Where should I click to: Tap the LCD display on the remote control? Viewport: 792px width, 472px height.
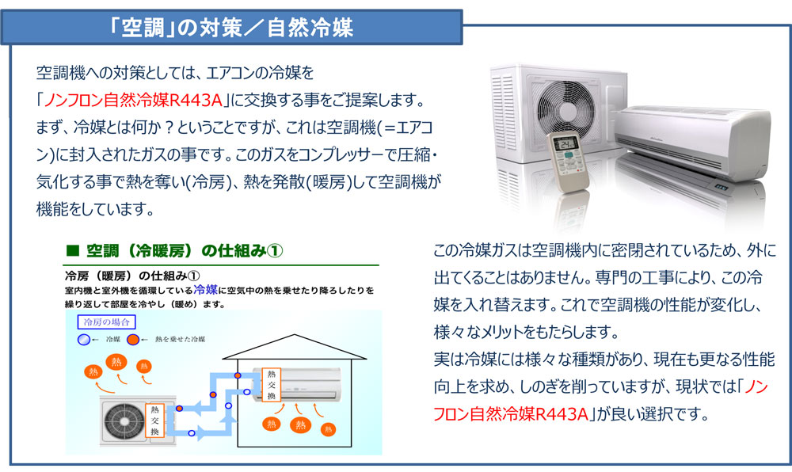pyautogui.click(x=565, y=144)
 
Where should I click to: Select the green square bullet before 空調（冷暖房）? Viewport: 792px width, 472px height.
pyautogui.click(x=71, y=251)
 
